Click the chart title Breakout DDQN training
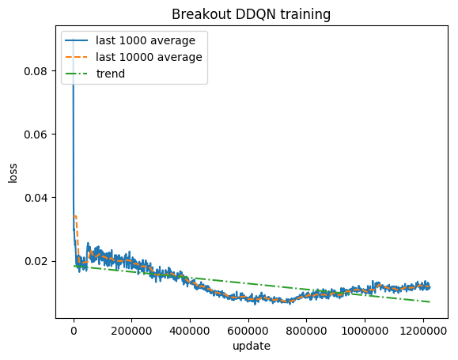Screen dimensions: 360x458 tap(251, 13)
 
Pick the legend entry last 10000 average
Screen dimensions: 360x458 tap(148, 57)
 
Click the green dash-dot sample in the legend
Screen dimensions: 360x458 tap(78, 74)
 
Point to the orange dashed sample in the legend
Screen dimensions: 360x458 tap(78, 57)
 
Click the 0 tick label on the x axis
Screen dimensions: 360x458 tap(74, 331)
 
